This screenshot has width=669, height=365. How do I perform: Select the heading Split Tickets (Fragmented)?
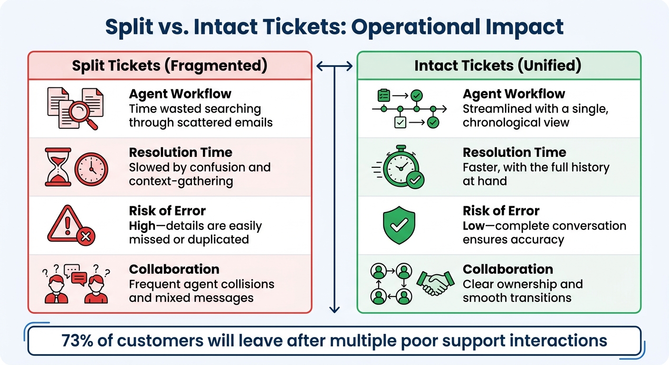pos(170,65)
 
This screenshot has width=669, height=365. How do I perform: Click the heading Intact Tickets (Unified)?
pos(497,65)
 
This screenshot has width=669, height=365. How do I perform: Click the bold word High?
pos(142,226)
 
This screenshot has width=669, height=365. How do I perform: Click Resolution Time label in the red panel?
pos(181,153)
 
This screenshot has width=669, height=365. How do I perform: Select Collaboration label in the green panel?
pos(507,269)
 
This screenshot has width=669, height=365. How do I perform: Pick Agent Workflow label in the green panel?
pos(507,94)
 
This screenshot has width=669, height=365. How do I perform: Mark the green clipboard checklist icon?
pos(383,95)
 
